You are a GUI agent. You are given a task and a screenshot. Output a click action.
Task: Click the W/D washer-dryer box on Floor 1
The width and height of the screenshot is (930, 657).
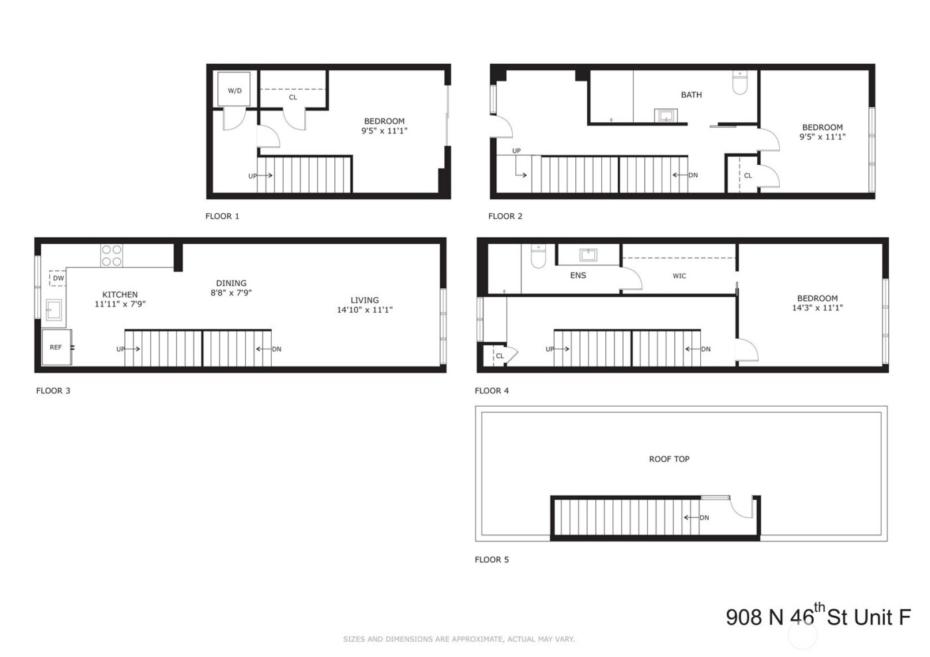234,90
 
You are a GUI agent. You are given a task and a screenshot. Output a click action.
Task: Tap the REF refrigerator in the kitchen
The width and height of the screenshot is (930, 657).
56,347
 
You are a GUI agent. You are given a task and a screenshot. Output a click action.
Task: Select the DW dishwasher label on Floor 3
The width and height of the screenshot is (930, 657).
58,278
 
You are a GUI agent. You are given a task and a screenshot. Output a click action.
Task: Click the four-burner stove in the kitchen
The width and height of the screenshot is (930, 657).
112,256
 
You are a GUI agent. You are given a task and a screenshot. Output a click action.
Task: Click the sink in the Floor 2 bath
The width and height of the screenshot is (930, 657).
666,116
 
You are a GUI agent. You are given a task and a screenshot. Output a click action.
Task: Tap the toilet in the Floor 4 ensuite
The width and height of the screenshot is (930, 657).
538,257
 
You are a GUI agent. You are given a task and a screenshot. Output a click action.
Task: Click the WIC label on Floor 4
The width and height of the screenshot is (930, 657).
679,276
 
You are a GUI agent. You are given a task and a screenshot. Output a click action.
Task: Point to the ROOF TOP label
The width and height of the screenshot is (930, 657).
669,459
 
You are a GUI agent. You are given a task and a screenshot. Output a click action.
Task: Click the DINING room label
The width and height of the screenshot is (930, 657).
231,283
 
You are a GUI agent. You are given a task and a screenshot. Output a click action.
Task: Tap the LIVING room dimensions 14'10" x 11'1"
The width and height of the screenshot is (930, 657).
365,310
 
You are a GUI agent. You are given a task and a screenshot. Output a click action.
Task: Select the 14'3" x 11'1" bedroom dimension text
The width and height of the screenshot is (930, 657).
817,308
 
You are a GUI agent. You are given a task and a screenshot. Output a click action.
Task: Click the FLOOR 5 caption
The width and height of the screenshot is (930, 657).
492,559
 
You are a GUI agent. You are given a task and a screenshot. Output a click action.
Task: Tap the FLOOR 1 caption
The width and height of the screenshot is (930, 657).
223,216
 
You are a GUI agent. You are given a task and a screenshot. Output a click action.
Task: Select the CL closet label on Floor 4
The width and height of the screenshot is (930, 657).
500,356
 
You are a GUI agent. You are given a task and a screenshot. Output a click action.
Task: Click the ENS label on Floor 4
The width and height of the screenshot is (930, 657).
578,275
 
